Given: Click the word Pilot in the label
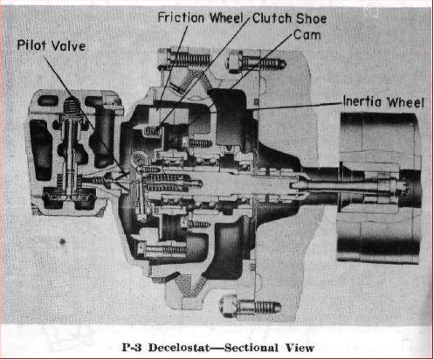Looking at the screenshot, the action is point(31,45).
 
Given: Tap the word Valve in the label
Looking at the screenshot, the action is point(68,46).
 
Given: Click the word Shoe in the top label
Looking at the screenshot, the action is point(312,18).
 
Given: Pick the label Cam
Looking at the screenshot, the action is point(307,35).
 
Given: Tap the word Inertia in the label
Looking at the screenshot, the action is point(362,101).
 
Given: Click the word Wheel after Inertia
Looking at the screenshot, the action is point(405,102).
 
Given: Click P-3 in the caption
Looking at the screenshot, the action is point(132,348).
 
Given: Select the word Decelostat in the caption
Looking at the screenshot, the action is point(179,348).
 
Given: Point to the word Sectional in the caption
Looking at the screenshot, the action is point(251,348).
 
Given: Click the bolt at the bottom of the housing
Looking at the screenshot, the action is point(251,307).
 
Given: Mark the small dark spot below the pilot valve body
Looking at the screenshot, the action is point(62,241).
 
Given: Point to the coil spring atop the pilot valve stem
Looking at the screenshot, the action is point(71,107).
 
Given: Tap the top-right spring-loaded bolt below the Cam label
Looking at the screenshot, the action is point(256,63).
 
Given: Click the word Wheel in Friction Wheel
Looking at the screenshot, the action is point(226,17).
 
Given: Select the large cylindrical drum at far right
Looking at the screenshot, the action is point(378,187).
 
